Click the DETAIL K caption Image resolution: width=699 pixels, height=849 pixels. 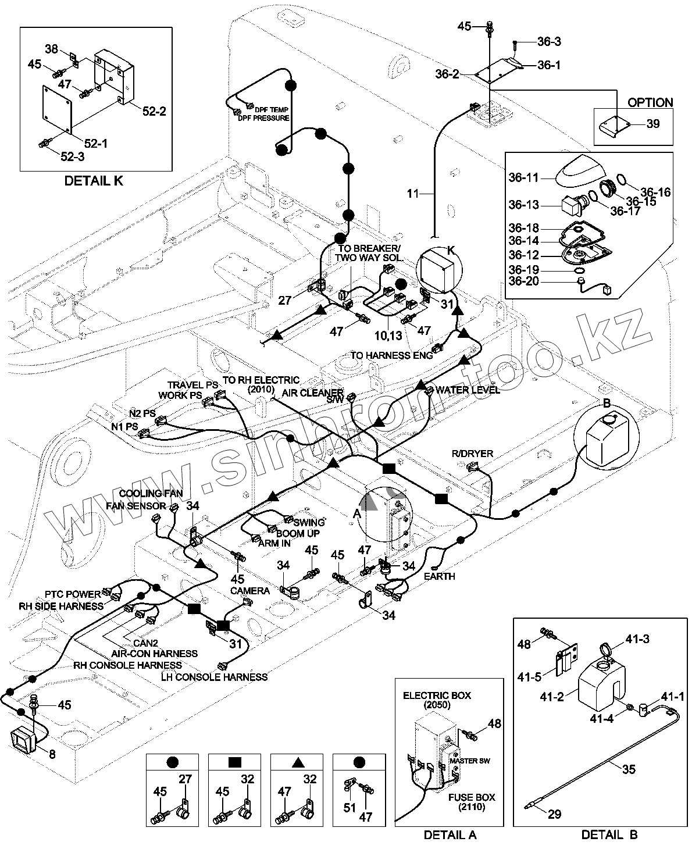pos(94,181)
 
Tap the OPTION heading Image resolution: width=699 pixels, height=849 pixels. pos(650,102)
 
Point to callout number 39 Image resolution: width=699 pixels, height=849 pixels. pos(653,124)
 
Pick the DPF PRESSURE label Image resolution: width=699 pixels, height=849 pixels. pos(263,118)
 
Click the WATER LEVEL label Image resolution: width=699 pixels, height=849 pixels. pos(468,390)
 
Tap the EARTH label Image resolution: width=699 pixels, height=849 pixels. pos(439,576)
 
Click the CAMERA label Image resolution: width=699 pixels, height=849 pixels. pos(249,591)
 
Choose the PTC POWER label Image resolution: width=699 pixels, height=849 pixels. pos(73,594)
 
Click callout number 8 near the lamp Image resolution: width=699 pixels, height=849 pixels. pos(52,754)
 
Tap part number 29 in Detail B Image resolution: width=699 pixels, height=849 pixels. pos(555,814)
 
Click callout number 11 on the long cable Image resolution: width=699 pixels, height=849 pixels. pos(413,193)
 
